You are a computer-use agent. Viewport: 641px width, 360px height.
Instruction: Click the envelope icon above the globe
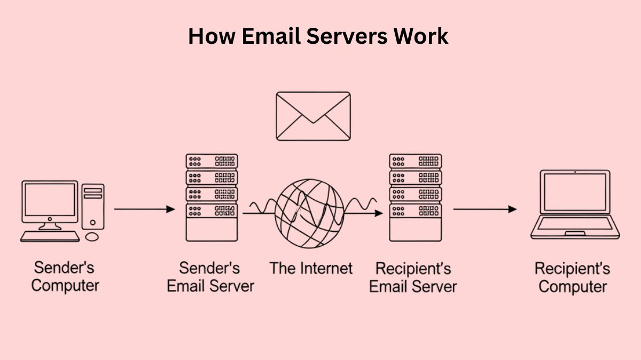pyautogui.click(x=313, y=116)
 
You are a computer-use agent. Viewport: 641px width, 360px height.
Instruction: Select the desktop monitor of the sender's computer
pyautogui.click(x=49, y=201)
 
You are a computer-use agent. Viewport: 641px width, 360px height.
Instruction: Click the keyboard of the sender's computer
pyautogui.click(x=50, y=236)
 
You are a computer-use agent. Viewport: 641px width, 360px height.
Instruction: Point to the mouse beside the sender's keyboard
pyautogui.click(x=92, y=236)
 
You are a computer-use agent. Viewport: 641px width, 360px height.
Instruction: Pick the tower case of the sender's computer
pyautogui.click(x=93, y=206)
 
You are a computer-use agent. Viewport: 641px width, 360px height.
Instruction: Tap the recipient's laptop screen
pyautogui.click(x=575, y=192)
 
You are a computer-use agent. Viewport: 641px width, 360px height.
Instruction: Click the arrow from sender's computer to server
pyautogui.click(x=144, y=209)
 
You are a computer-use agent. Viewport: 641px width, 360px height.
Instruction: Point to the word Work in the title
pyautogui.click(x=421, y=36)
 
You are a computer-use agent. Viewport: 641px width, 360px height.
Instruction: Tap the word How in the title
pyautogui.click(x=205, y=36)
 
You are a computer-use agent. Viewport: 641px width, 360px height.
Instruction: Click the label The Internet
pyautogui.click(x=311, y=268)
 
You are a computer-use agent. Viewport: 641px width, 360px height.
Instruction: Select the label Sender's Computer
pyautogui.click(x=65, y=276)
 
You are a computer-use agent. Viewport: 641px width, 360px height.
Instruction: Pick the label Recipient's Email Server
pyautogui.click(x=413, y=277)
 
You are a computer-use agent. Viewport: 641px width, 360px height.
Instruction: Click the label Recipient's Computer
pyautogui.click(x=572, y=277)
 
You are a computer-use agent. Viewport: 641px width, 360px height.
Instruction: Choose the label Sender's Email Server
pyautogui.click(x=210, y=277)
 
